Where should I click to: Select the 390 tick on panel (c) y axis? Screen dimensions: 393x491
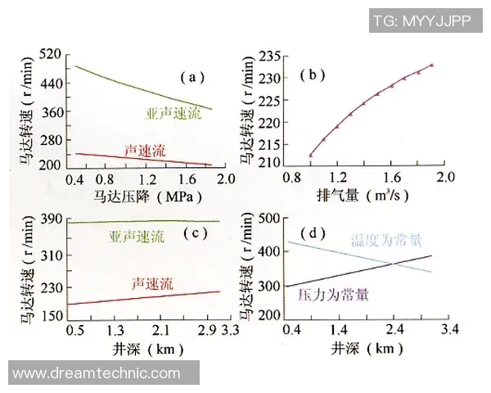[x=52, y=219]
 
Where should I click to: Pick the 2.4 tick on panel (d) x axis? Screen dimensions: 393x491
[x=396, y=329]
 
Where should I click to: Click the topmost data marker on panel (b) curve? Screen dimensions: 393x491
[x=431, y=65]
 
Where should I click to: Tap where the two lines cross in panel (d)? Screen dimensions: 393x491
[x=394, y=263]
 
